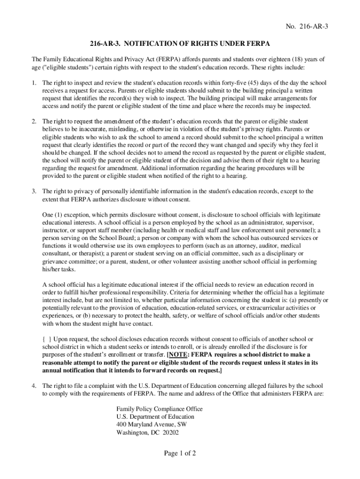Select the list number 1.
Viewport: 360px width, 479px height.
34,83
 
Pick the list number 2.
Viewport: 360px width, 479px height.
34,121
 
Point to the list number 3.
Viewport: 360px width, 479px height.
34,191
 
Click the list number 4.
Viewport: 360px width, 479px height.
34,386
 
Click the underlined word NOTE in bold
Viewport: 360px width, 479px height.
179,355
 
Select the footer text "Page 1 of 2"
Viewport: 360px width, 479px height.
180,453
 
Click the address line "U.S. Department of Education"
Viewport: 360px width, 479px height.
155,417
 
